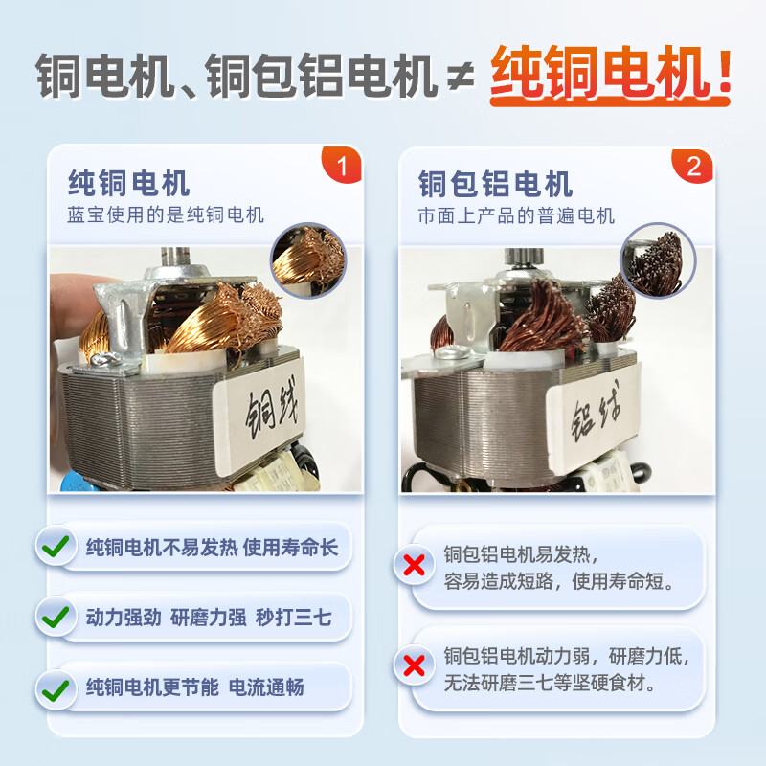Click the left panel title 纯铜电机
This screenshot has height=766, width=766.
point(128,182)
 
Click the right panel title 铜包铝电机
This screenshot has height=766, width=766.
point(495,182)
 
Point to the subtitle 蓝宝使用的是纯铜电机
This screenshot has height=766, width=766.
point(165,215)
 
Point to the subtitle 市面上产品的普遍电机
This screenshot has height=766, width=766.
point(516,215)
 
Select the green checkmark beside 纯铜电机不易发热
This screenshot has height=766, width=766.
point(56,548)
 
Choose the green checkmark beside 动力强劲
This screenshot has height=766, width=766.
point(56,617)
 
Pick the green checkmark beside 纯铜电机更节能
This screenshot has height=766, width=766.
point(56,687)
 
